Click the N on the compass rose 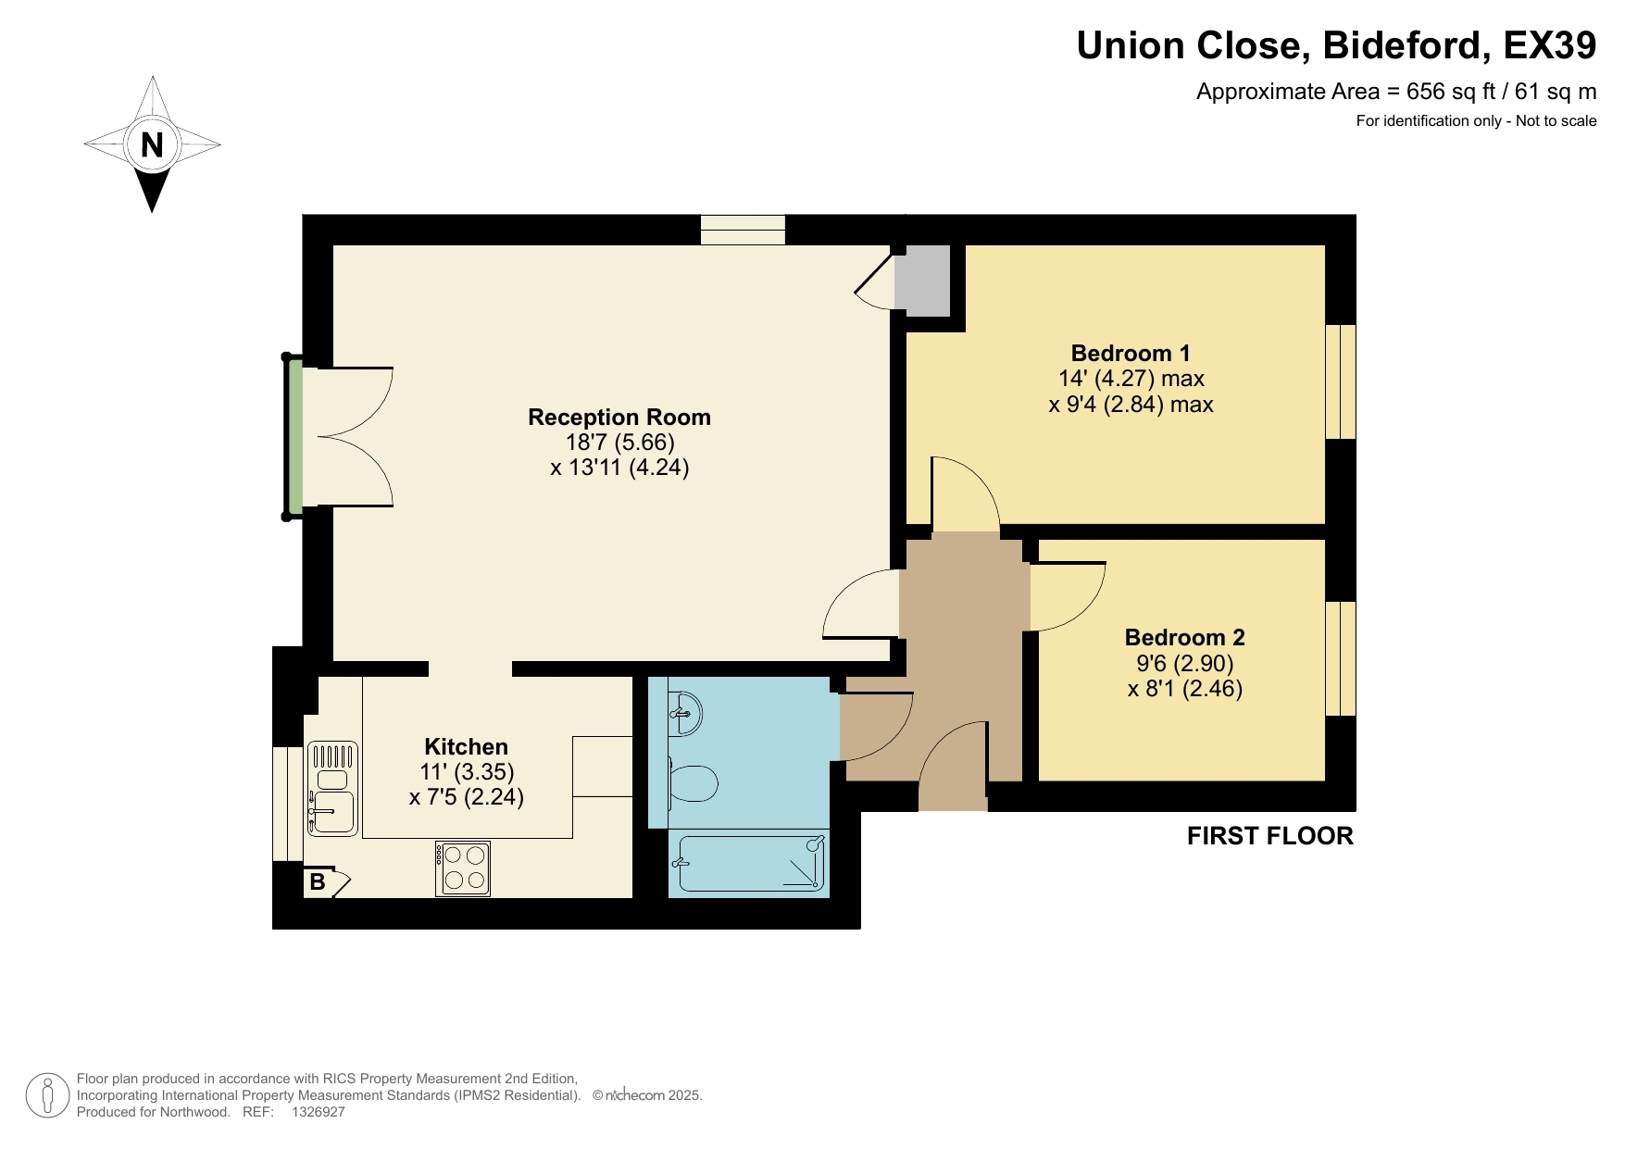pos(152,144)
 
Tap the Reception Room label pos(619,418)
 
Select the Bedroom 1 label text pos(1130,354)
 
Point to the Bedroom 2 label pos(1184,638)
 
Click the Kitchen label pos(466,747)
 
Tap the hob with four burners pos(463,868)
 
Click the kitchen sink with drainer pos(332,789)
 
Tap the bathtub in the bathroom pos(750,864)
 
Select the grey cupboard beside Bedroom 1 pos(922,279)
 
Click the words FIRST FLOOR pos(1269,836)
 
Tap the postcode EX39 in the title pos(1549,45)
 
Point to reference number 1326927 pos(318,1112)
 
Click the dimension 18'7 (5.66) pos(619,443)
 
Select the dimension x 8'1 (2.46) pos(1184,689)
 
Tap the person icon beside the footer pos(46,1095)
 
